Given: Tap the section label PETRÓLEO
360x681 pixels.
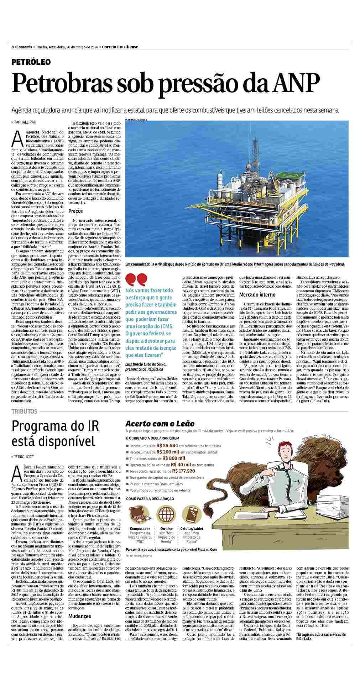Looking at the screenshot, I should [x=31, y=62].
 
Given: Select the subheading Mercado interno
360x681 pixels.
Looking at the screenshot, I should [x=257, y=295].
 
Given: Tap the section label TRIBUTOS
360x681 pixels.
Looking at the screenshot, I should [x=24, y=411].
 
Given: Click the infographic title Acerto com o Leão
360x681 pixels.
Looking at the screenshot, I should [x=160, y=424].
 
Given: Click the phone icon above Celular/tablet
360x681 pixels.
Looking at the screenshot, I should [x=192, y=513].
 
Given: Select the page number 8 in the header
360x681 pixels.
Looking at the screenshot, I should [x=12, y=47].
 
